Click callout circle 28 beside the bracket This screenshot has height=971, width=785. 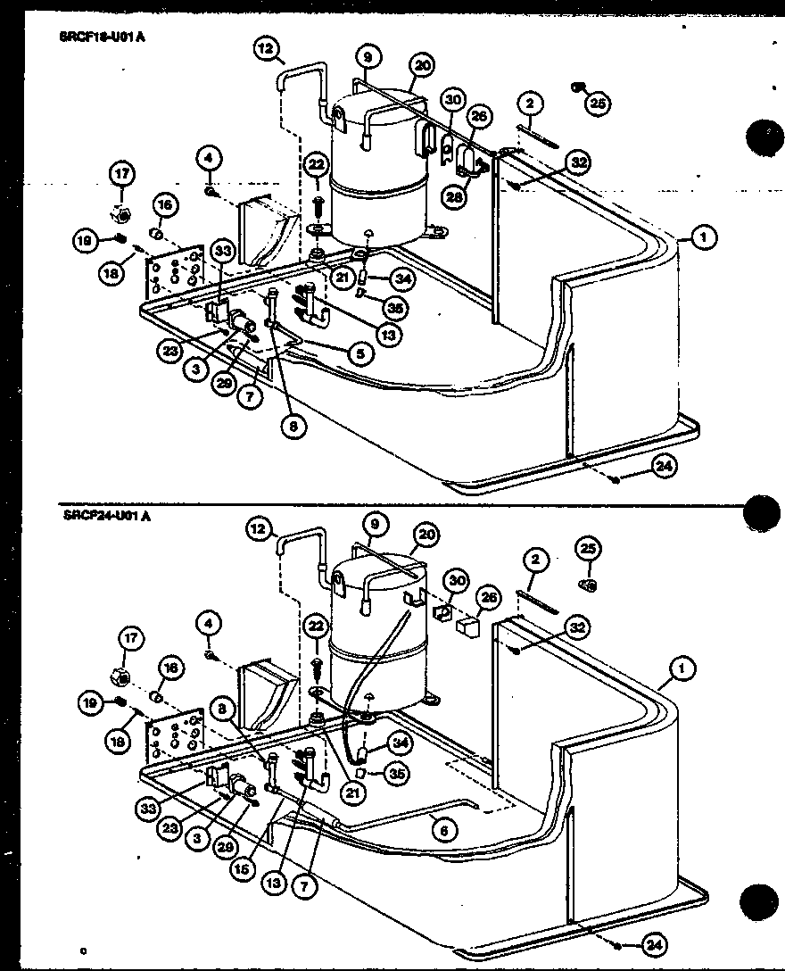coord(455,197)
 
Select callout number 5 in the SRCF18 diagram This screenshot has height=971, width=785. coord(359,354)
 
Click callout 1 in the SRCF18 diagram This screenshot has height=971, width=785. coord(705,238)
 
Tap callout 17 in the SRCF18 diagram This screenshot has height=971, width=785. coord(120,171)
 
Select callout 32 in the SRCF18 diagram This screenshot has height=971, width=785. coord(580,162)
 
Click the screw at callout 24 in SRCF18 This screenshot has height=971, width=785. coord(616,480)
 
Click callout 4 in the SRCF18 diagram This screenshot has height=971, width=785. coord(209,160)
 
